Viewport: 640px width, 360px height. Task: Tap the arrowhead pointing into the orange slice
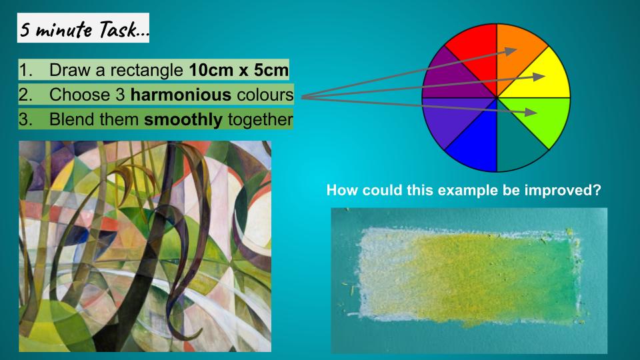[511, 51]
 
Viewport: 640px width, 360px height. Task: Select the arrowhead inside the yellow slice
[539, 77]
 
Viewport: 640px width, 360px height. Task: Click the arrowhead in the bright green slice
[531, 112]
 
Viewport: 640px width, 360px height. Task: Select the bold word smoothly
[183, 119]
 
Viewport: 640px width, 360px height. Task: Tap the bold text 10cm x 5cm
[239, 70]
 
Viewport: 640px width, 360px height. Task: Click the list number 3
[25, 119]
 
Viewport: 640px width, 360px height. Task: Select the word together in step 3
[261, 120]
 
